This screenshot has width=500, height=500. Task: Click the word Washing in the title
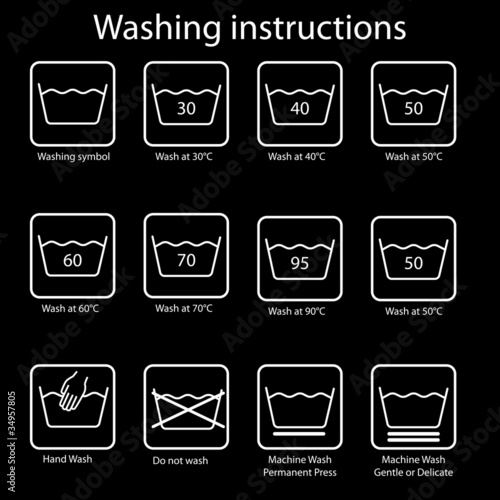(x=157, y=29)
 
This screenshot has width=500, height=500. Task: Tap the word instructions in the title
(x=318, y=27)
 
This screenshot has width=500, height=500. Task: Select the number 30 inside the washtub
(x=186, y=108)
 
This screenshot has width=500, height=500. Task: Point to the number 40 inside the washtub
(x=300, y=108)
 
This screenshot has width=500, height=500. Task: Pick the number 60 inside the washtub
(x=73, y=260)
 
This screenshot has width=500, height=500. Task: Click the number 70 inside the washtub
(x=186, y=260)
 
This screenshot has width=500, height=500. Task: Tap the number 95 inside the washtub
(x=300, y=263)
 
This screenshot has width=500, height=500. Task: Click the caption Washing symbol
(x=74, y=157)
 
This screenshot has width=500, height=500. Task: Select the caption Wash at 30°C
(x=184, y=156)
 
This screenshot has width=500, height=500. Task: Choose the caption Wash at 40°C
(x=297, y=156)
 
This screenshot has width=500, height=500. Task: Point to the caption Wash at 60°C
(x=70, y=308)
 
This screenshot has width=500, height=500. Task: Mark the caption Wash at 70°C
(x=184, y=308)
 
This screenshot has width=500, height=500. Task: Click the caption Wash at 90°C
(x=297, y=311)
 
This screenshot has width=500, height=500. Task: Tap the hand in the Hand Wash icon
(x=73, y=392)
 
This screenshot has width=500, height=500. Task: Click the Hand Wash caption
(x=67, y=459)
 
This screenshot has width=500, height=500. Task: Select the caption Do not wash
(x=180, y=460)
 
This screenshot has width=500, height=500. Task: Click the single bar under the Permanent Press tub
(x=299, y=434)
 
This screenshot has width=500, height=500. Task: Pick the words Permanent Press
(x=300, y=472)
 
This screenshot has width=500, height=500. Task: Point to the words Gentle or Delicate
(x=413, y=472)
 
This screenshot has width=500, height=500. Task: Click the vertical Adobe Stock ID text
(x=12, y=441)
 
